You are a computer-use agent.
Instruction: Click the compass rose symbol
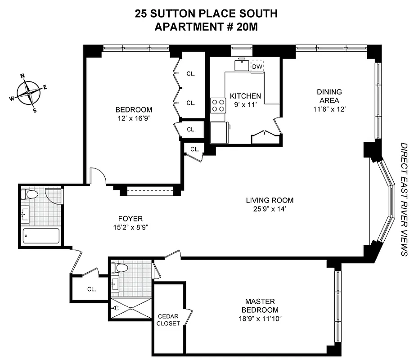(x=29, y=92)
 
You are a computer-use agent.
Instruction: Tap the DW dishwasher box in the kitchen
(x=257, y=67)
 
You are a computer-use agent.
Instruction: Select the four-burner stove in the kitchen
(x=218, y=106)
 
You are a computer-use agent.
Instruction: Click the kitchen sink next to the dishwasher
(x=242, y=65)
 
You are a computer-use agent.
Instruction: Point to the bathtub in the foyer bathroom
(x=41, y=236)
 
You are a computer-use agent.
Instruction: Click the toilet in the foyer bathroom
(x=31, y=195)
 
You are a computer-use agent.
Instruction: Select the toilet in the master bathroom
(x=120, y=268)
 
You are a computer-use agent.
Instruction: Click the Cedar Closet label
(x=169, y=319)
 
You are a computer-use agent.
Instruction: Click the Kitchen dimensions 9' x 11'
(x=245, y=104)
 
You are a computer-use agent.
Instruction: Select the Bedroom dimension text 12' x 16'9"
(x=134, y=118)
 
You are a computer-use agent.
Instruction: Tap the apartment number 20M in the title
(x=245, y=27)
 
